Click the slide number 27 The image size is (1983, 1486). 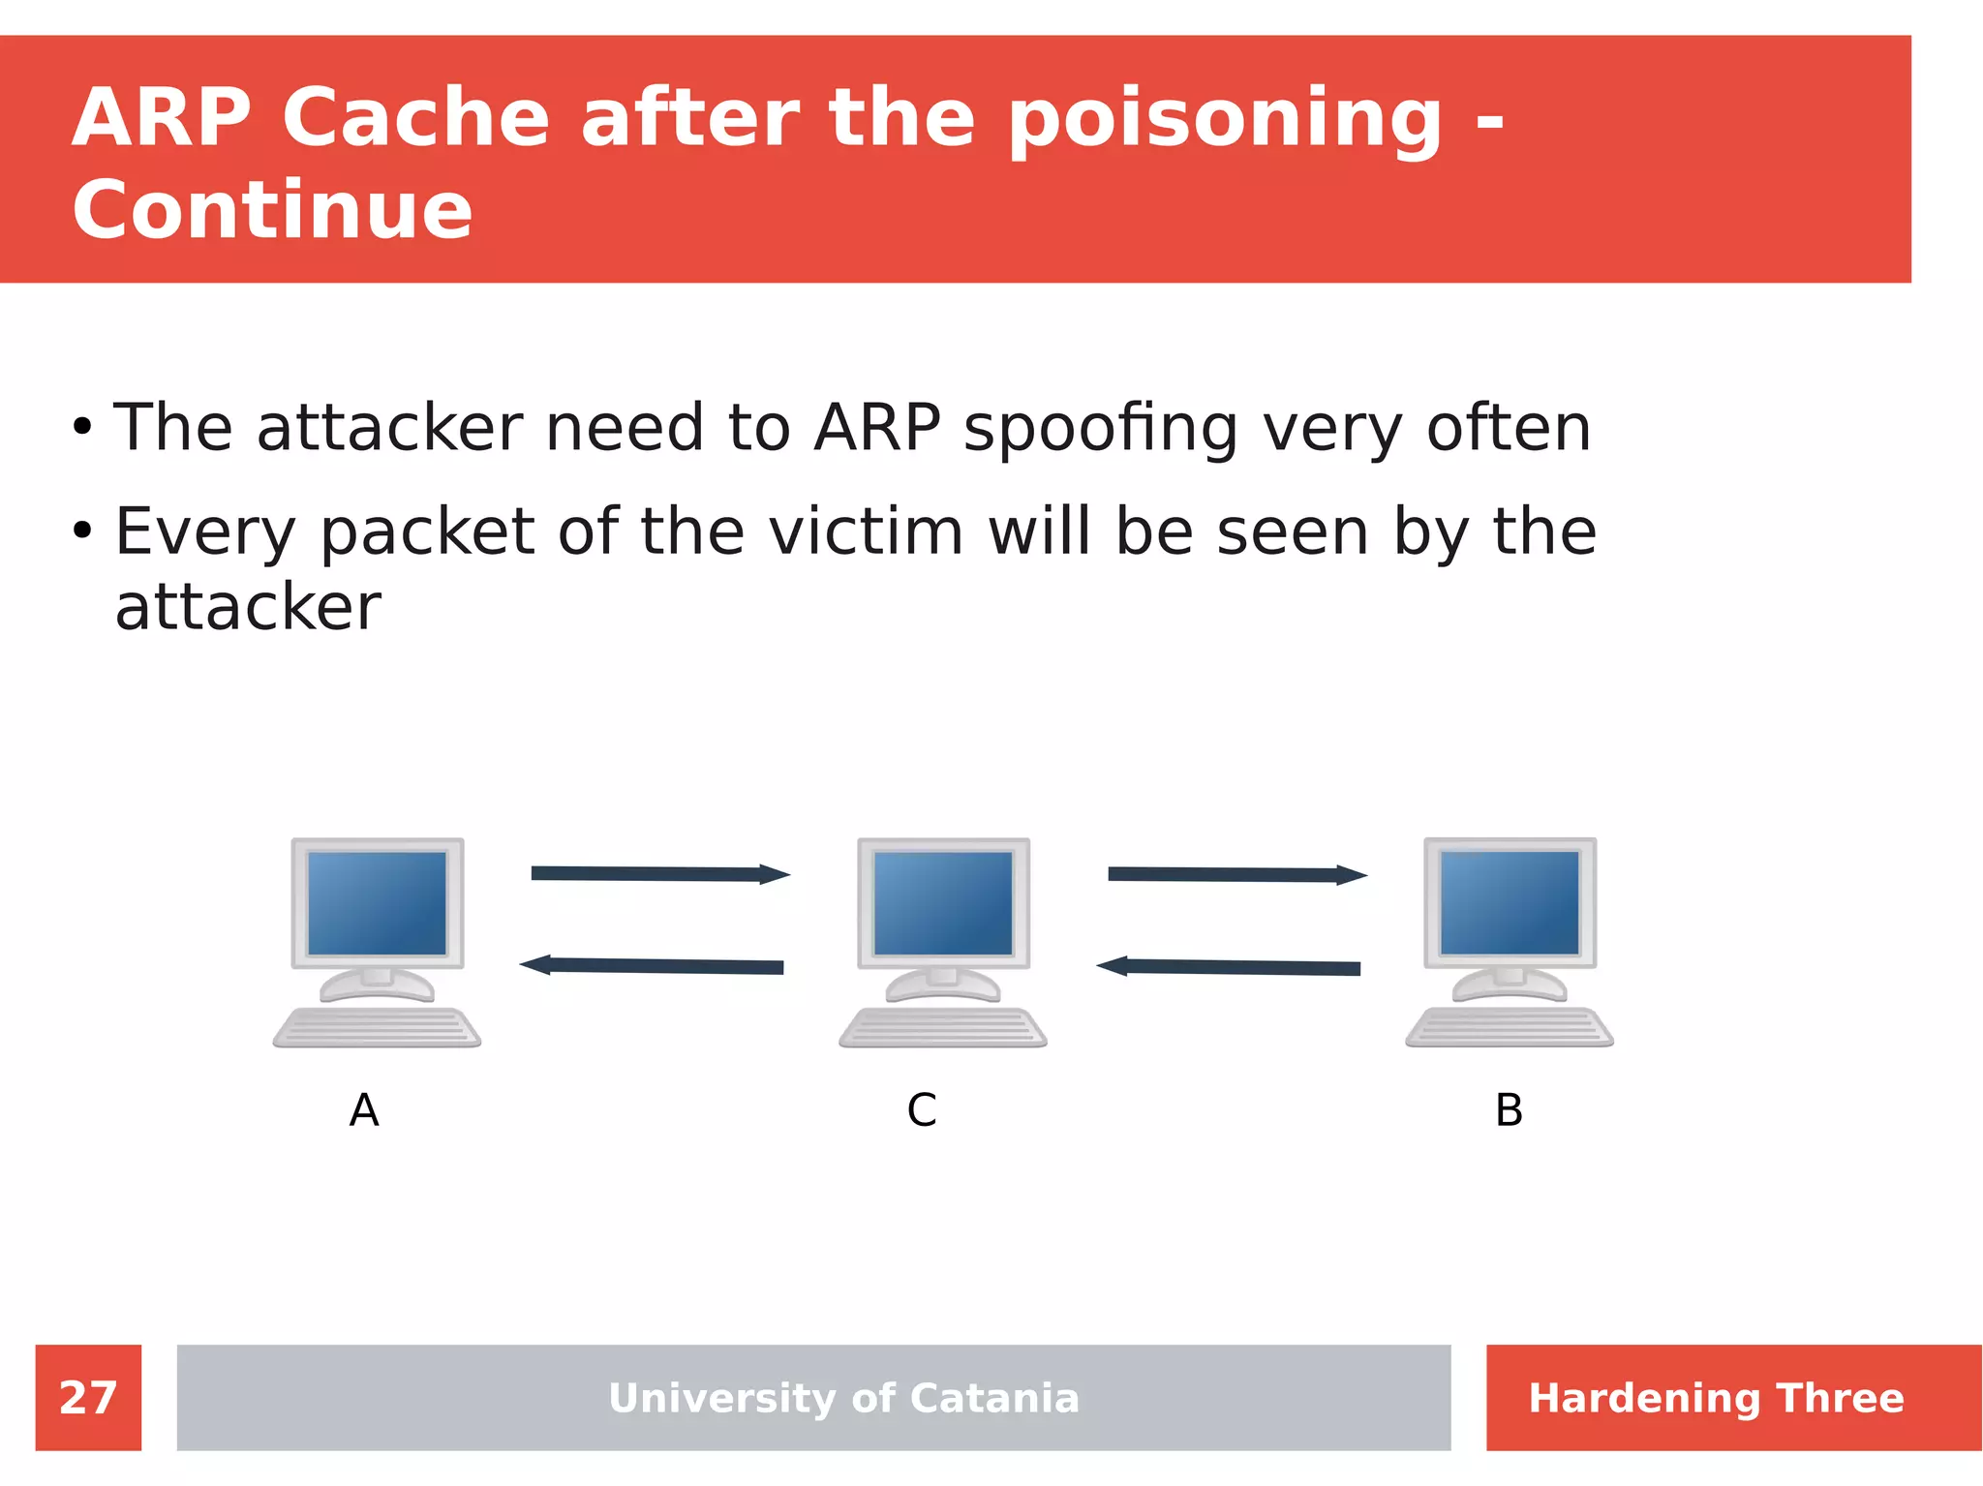click(x=88, y=1397)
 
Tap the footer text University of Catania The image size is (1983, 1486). click(x=843, y=1398)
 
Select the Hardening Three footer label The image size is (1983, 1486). click(x=1716, y=1398)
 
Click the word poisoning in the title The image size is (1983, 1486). click(x=1225, y=119)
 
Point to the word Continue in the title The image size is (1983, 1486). click(x=272, y=210)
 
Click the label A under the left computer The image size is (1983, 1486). click(x=364, y=1109)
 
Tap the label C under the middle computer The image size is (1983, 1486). click(x=922, y=1109)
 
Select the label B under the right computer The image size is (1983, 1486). click(x=1509, y=1109)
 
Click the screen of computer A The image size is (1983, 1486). click(x=377, y=902)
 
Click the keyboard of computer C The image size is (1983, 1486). click(x=943, y=1027)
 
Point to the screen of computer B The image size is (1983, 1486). click(x=1510, y=902)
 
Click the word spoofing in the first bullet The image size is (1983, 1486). click(x=1100, y=428)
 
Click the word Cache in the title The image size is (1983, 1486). click(x=415, y=119)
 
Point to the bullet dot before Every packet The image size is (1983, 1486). click(x=82, y=531)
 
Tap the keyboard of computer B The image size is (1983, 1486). click(x=1510, y=1027)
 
